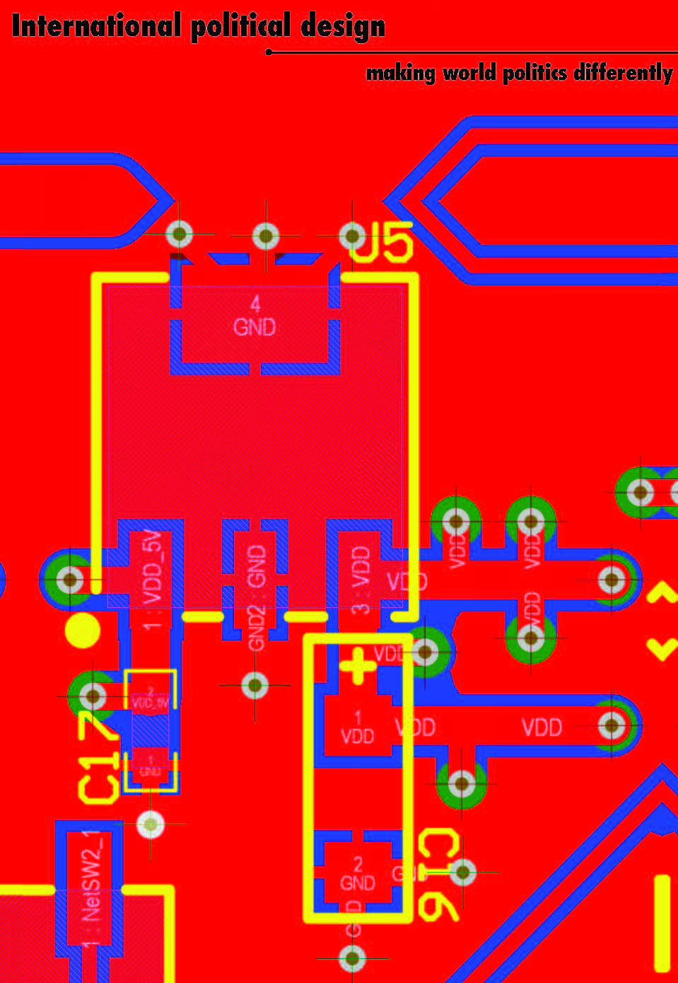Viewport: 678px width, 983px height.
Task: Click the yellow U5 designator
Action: (383, 243)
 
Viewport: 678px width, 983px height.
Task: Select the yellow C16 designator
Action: (439, 876)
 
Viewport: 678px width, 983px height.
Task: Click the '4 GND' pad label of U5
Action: (255, 316)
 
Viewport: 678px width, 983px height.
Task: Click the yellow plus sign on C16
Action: (358, 665)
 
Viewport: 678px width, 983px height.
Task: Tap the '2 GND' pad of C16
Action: (357, 875)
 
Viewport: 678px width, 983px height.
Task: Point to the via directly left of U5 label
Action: (352, 235)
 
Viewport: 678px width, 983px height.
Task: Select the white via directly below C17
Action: (150, 824)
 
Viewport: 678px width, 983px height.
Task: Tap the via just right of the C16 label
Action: (463, 873)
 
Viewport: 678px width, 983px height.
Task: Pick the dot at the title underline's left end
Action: (269, 52)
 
